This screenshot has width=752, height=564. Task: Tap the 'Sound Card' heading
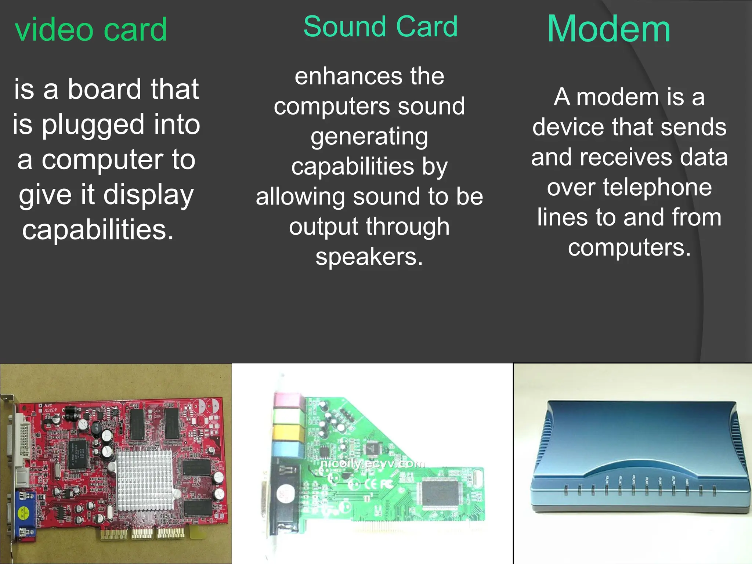click(380, 27)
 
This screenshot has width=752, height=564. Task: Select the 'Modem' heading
click(609, 29)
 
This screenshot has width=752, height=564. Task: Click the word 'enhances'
click(343, 76)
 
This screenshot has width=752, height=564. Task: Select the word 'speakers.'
click(369, 257)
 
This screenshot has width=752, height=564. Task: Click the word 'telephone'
click(629, 188)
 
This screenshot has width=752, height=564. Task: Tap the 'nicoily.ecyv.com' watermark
click(372, 464)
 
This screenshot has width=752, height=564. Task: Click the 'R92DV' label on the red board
click(51, 410)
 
